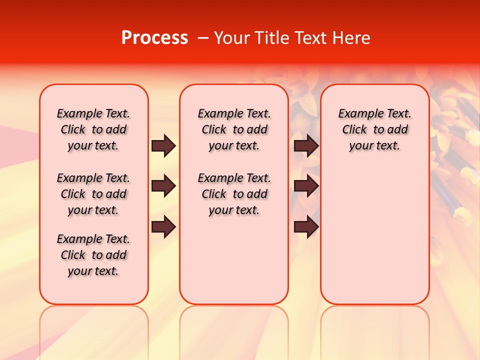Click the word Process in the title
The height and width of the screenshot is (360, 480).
click(154, 38)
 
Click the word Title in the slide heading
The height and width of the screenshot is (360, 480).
click(270, 38)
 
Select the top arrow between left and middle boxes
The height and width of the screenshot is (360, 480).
click(163, 146)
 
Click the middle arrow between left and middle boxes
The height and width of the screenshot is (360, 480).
click(163, 186)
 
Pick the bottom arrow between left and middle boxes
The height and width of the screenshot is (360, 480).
click(163, 227)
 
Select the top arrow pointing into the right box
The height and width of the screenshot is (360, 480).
click(306, 146)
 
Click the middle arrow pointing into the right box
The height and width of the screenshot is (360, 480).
click(306, 186)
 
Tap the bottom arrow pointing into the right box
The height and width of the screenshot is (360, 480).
click(306, 227)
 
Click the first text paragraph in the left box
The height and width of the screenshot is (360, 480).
click(93, 129)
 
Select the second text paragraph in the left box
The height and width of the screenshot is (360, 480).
click(93, 194)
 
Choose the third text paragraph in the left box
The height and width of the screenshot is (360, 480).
click(93, 255)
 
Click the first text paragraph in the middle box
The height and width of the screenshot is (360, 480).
click(234, 129)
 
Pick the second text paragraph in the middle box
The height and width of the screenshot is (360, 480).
click(234, 194)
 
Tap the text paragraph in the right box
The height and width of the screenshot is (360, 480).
click(374, 129)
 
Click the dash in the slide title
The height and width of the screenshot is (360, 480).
click(202, 38)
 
